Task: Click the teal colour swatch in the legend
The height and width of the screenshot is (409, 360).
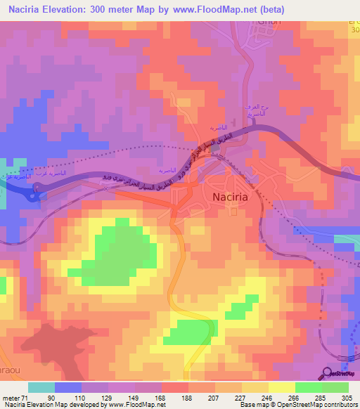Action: (x=41, y=387)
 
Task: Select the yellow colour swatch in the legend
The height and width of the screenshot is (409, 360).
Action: (x=282, y=387)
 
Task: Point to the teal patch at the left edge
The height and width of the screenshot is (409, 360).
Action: (x=3, y=199)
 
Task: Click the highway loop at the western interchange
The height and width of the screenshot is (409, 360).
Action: (x=34, y=192)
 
